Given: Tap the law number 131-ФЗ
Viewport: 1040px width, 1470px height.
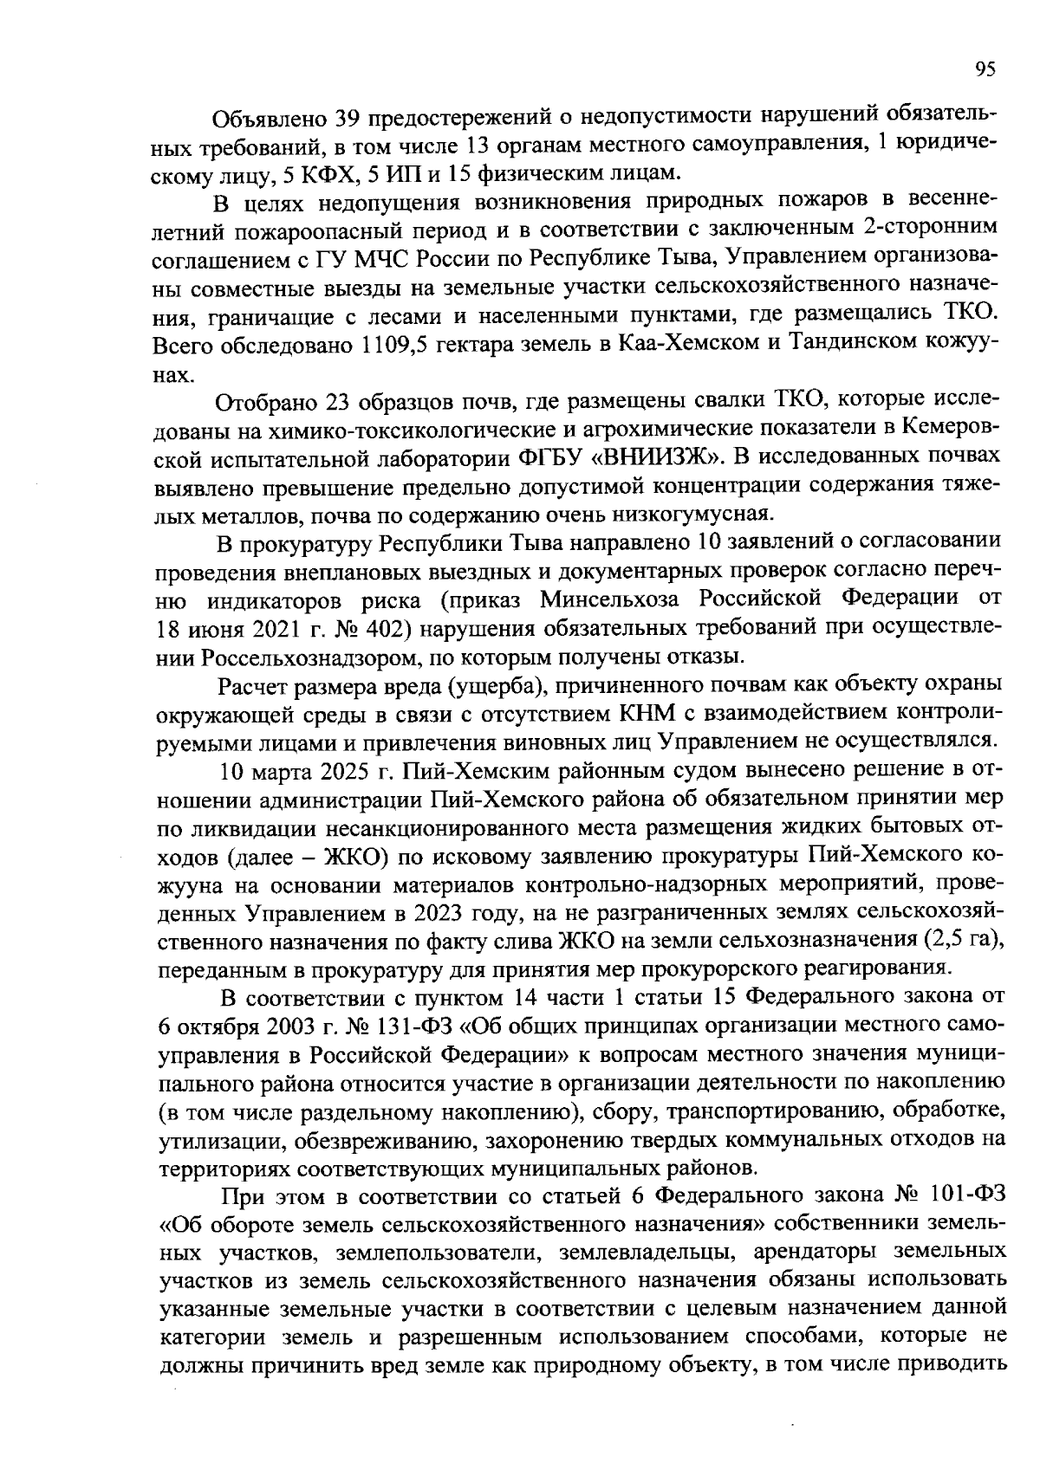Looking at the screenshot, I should click(405, 1026).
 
